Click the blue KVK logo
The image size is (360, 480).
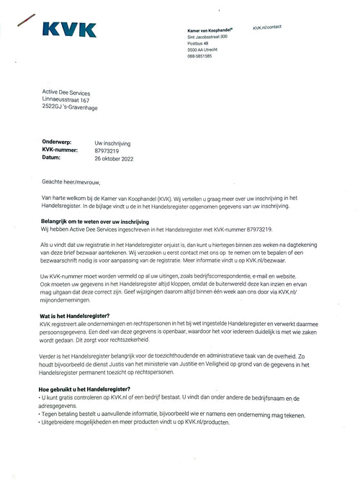[69, 30]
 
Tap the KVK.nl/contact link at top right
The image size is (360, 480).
[267, 26]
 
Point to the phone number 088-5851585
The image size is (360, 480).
[200, 56]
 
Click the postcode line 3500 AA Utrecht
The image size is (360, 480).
[204, 49]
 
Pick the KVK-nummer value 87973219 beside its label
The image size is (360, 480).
[108, 150]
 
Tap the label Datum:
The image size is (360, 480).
[51, 158]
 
